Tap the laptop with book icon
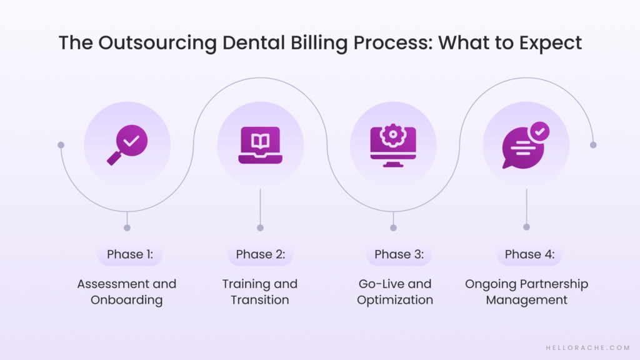click(260, 146)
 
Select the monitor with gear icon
click(393, 146)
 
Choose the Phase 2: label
click(260, 254)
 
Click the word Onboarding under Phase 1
click(126, 300)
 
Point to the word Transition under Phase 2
click(260, 300)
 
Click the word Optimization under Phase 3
click(395, 300)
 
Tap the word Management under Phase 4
click(527, 300)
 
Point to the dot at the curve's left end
click(61, 145)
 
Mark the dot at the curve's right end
click(593, 145)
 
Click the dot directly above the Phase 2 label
click(260, 227)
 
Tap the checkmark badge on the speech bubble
click(539, 131)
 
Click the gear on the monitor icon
click(393, 136)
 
